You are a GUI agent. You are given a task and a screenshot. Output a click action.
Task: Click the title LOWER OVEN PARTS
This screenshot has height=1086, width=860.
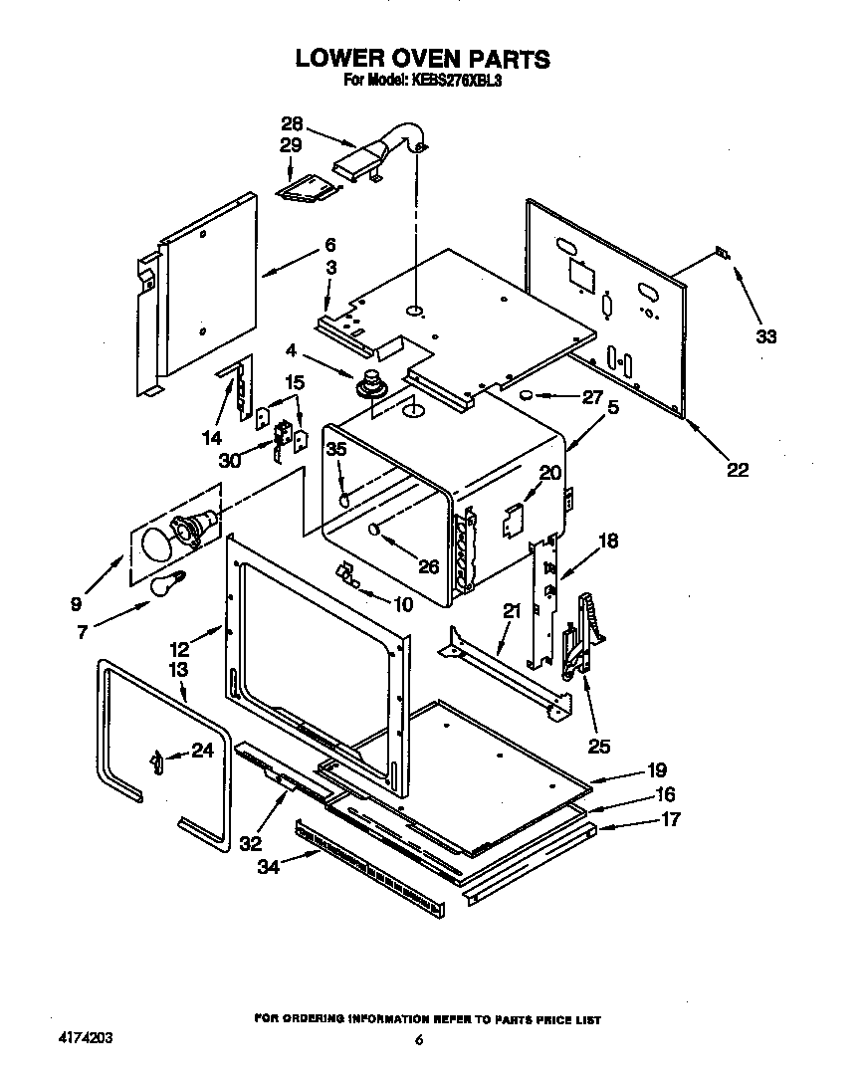click(422, 59)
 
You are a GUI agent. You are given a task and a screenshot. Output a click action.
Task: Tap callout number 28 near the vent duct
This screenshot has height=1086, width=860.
click(292, 124)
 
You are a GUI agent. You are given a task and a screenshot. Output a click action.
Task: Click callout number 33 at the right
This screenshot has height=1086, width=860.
click(764, 337)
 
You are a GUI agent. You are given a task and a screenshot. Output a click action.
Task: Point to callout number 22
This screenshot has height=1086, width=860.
click(737, 470)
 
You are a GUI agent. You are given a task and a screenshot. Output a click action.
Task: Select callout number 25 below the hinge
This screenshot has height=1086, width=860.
click(599, 745)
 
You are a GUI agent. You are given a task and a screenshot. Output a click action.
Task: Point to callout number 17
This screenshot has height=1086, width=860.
click(671, 819)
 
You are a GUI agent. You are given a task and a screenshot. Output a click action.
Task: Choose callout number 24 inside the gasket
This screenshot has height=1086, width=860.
click(202, 752)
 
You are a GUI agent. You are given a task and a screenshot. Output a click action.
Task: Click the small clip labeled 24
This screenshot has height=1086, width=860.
click(157, 761)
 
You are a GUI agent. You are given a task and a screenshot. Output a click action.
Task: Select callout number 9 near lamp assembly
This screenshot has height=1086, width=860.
click(77, 603)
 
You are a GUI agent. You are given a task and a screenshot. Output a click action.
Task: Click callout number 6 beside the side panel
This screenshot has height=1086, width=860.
click(329, 245)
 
